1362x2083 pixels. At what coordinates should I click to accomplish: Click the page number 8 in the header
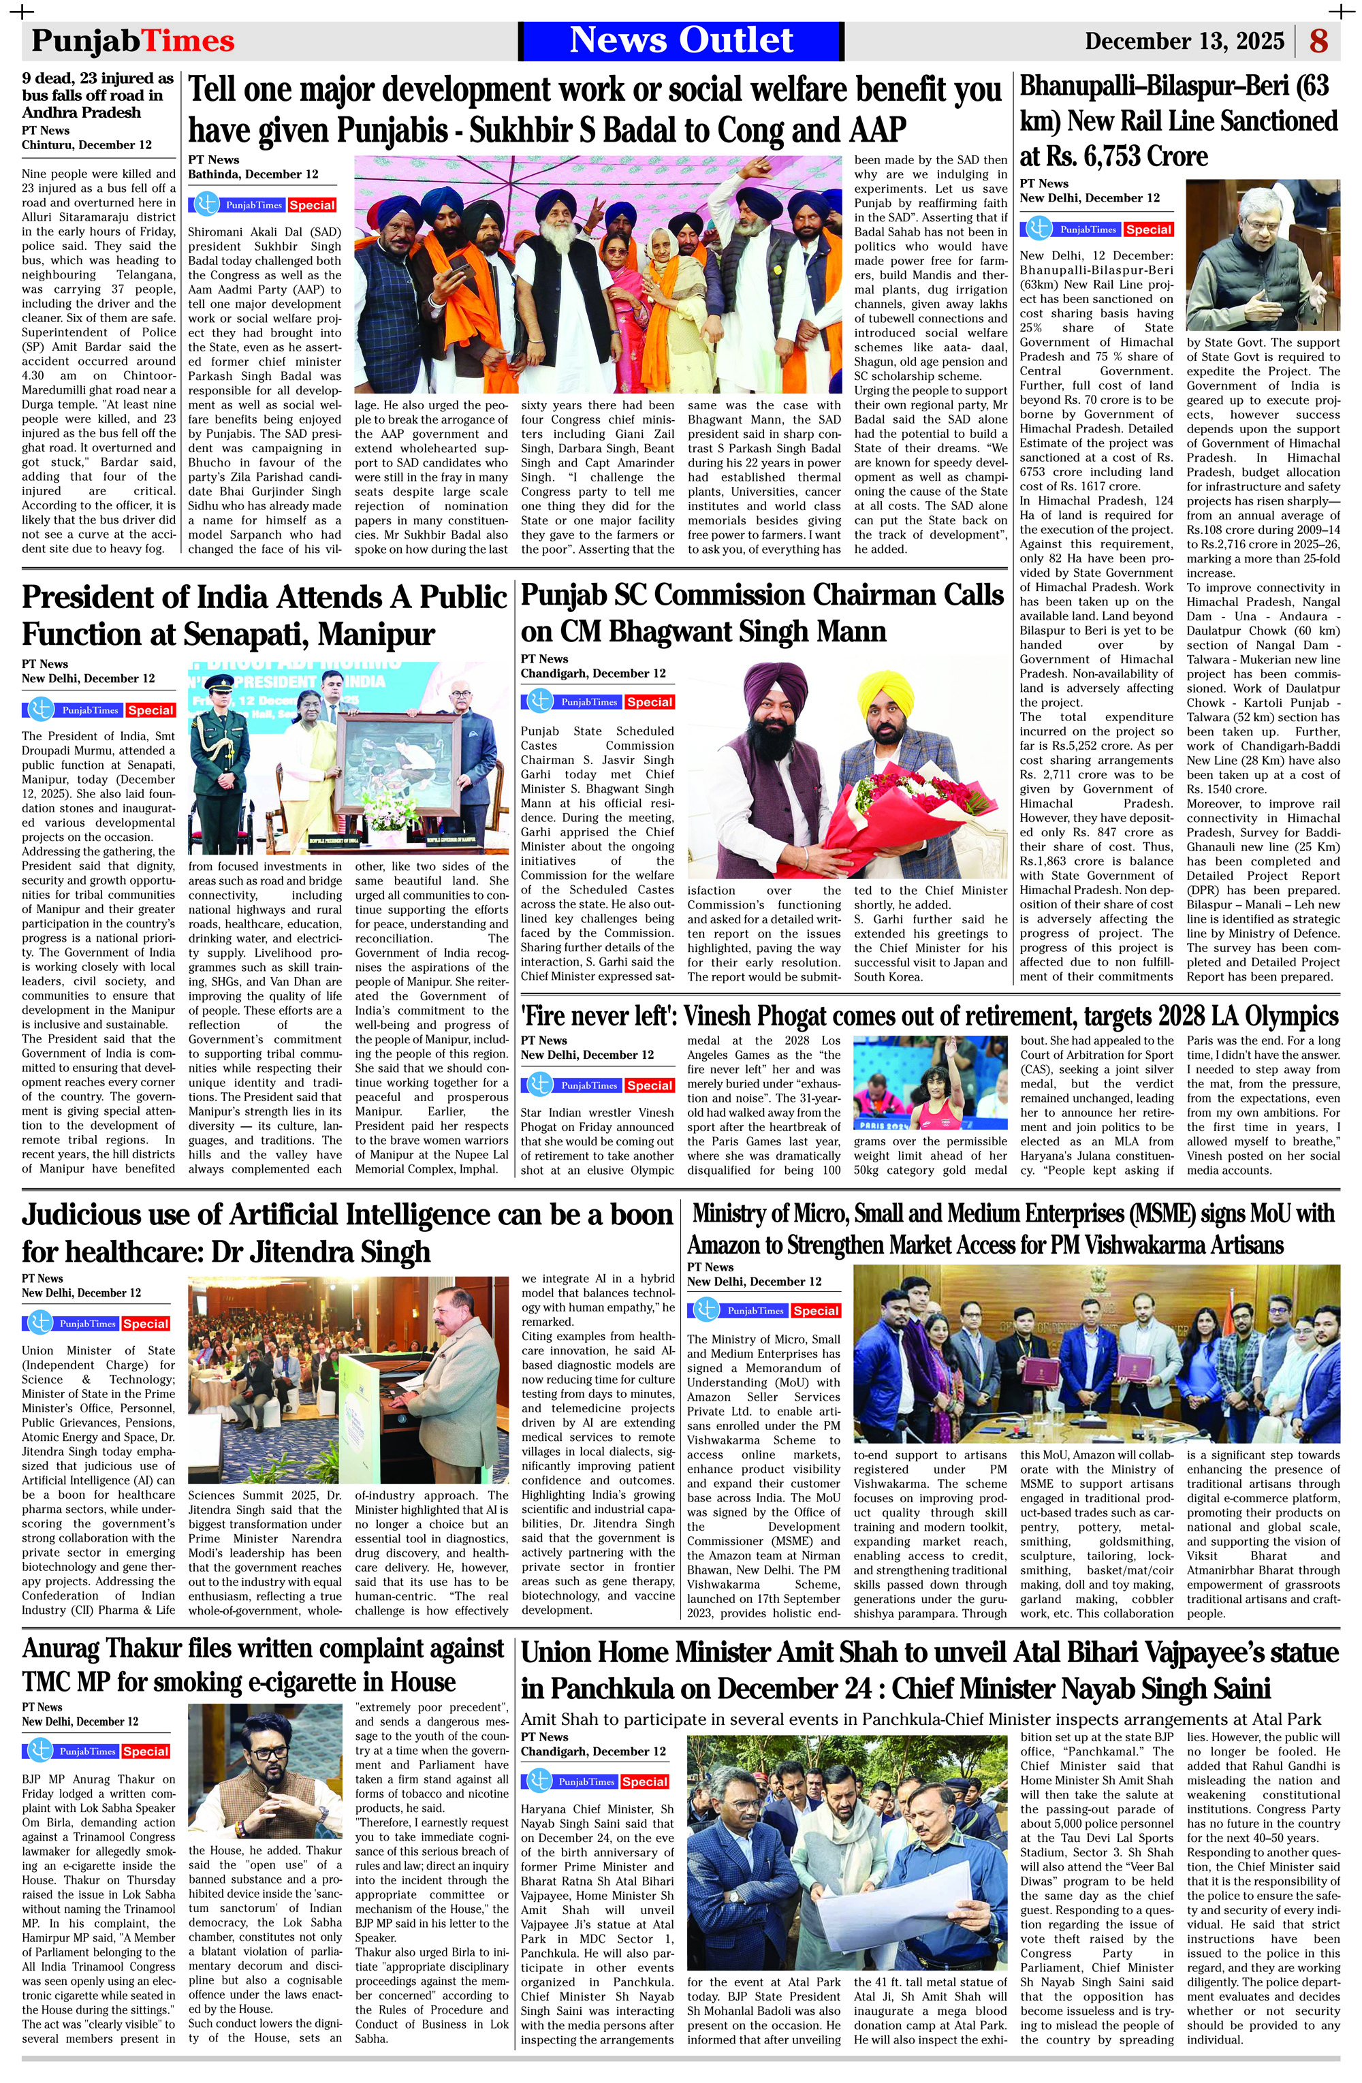[x=1318, y=41]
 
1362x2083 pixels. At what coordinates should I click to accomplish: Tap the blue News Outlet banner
[x=681, y=40]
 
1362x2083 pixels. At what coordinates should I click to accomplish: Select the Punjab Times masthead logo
[x=133, y=41]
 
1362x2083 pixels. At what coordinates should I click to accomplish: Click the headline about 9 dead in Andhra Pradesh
[x=98, y=95]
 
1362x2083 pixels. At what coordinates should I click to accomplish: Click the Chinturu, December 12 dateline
[x=86, y=144]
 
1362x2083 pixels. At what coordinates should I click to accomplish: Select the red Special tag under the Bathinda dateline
[x=312, y=205]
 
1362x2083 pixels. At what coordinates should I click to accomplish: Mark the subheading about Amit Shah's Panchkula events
[x=921, y=1719]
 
